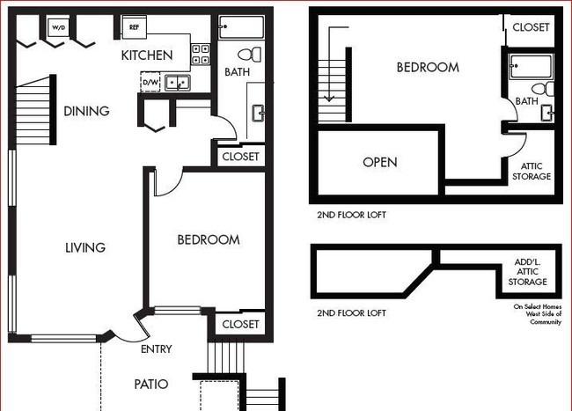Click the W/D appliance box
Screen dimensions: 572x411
coord(58,27)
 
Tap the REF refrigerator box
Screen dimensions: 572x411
coord(135,27)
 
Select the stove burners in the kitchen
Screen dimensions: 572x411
coord(201,55)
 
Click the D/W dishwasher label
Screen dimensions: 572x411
coord(150,82)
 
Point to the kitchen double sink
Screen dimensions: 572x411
coord(177,83)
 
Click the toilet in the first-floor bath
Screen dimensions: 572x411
coord(250,55)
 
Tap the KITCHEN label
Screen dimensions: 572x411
coord(147,55)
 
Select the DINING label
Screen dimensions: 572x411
coord(86,111)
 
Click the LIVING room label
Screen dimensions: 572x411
coord(85,247)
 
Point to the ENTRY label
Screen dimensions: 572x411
coord(156,349)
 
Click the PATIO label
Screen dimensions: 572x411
coord(151,384)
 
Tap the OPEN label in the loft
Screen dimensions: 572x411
coord(380,162)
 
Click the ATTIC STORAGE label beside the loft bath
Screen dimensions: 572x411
coord(532,171)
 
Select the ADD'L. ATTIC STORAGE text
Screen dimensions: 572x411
coord(527,272)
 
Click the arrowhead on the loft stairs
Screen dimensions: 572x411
coord(329,98)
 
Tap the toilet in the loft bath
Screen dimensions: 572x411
coord(542,89)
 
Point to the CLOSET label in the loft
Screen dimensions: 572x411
coord(531,27)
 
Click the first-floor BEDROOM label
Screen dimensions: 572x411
coord(209,239)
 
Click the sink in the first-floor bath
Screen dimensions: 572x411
coord(259,113)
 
